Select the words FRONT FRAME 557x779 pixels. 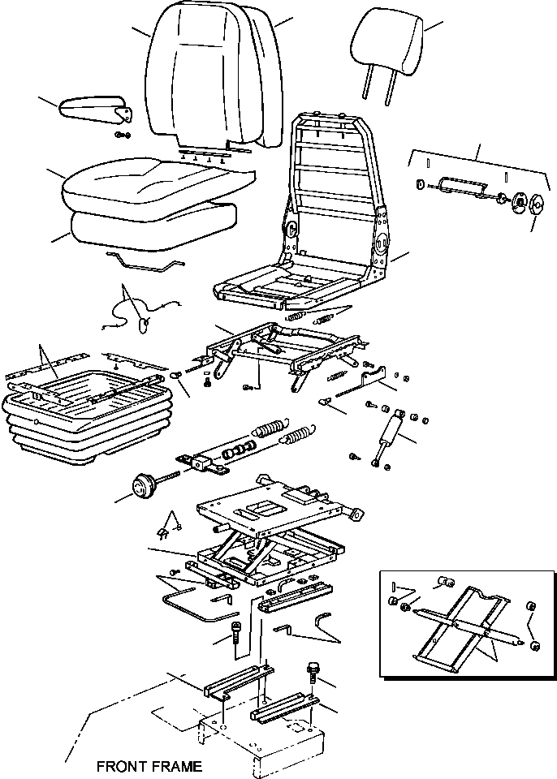coord(149,766)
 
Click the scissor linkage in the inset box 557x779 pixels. coord(463,623)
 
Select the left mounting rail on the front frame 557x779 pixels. coord(237,683)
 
